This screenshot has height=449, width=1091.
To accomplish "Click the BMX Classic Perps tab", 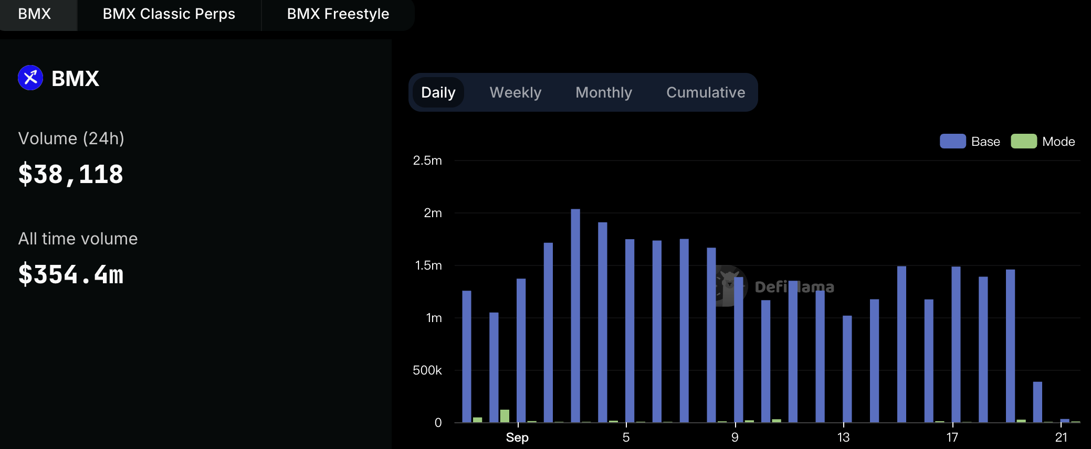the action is (x=169, y=14).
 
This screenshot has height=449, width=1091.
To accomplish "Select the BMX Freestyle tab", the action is (x=338, y=14).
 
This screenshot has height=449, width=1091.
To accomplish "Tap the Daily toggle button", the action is (x=438, y=92).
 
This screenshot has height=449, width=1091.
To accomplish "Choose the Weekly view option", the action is (x=516, y=92).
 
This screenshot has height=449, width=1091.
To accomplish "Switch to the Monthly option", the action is (x=604, y=92).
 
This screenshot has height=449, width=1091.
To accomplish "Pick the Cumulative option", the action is (x=706, y=92).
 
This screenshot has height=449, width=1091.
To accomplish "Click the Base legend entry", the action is (x=970, y=142).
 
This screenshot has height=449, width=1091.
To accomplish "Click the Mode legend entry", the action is (x=1043, y=142).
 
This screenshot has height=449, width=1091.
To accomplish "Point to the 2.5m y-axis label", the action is (x=427, y=161).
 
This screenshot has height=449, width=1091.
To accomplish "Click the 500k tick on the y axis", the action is (x=427, y=370).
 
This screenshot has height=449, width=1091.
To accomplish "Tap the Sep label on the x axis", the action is (x=517, y=437).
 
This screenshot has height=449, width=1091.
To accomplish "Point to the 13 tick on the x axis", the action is (x=843, y=437).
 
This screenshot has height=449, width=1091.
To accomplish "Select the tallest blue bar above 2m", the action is (x=575, y=316).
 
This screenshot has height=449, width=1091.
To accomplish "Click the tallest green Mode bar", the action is (x=505, y=416).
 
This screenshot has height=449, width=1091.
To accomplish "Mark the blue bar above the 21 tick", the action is (x=1065, y=421).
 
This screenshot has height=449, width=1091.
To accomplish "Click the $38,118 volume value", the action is (x=71, y=175).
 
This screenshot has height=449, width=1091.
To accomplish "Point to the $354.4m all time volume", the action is (x=71, y=274).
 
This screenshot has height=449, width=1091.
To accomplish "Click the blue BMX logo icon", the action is (x=30, y=78).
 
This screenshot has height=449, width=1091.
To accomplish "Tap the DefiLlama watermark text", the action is (x=794, y=287).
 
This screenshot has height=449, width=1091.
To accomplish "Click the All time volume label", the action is (x=78, y=239).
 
